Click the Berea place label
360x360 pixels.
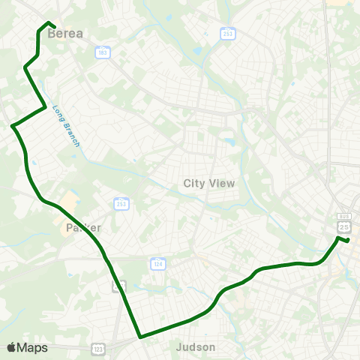[64, 33]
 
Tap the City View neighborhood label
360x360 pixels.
[209, 183]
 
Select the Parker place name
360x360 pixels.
[83, 227]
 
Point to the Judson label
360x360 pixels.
[195, 347]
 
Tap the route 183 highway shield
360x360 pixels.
[103, 52]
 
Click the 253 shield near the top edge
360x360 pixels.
[229, 33]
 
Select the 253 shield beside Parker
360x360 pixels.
[121, 203]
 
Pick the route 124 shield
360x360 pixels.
[157, 263]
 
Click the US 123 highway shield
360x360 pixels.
[98, 348]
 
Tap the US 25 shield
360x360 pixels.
[344, 226]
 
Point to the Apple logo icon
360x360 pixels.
[11, 347]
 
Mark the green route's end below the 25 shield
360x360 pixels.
[349, 240]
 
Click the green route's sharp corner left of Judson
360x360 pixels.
[139, 337]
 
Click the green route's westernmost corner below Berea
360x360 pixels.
[13, 125]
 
